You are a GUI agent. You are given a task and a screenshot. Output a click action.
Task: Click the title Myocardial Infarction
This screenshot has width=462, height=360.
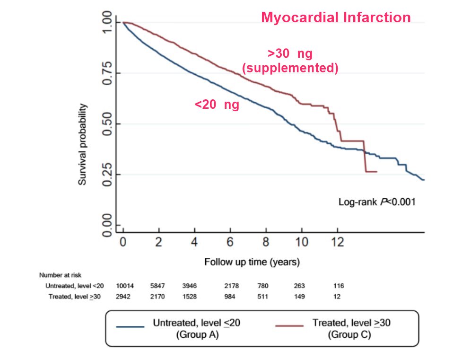pyautogui.click(x=336, y=18)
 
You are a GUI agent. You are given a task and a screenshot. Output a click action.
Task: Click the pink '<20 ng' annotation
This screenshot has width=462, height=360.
pyautogui.click(x=217, y=105)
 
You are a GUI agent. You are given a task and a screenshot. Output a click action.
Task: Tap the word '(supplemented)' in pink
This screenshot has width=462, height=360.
pyautogui.click(x=290, y=68)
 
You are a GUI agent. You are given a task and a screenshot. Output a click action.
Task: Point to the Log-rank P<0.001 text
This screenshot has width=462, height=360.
pyautogui.click(x=377, y=202)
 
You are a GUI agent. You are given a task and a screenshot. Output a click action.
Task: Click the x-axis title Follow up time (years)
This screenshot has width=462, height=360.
pyautogui.click(x=252, y=261)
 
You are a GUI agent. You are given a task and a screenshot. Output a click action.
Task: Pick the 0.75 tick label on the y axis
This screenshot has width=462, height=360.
pyautogui.click(x=108, y=73)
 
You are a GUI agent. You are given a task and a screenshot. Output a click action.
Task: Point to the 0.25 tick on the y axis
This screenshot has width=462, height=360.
pyautogui.click(x=108, y=175)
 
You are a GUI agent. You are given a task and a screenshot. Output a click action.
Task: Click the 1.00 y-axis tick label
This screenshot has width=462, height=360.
pyautogui.click(x=108, y=22)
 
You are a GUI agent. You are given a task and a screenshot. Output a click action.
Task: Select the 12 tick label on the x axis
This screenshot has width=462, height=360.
pyautogui.click(x=338, y=243)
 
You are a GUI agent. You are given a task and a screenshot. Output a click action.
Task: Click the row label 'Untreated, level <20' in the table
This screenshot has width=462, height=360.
pyautogui.click(x=74, y=286)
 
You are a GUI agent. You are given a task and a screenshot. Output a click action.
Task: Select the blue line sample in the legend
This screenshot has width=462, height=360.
pyautogui.click(x=129, y=326)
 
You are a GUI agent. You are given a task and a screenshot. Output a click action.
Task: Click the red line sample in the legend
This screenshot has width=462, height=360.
pyautogui.click(x=289, y=326)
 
